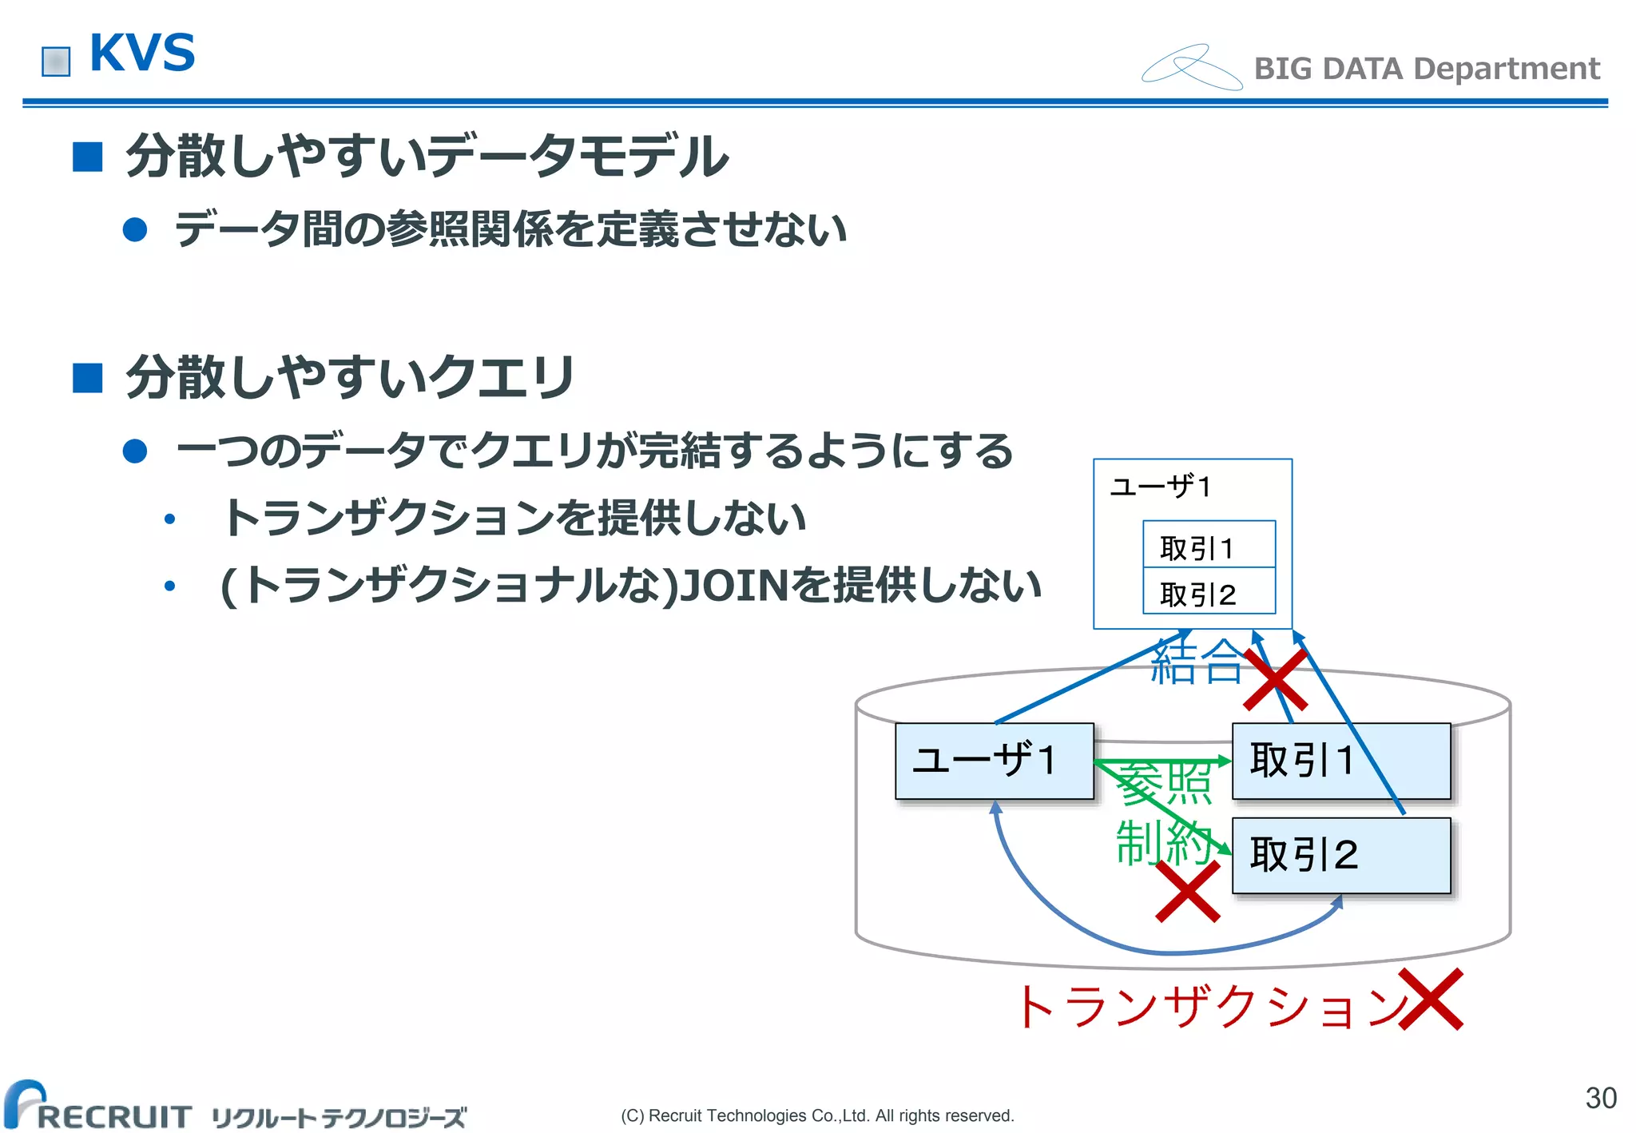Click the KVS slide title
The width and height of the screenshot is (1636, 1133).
[142, 54]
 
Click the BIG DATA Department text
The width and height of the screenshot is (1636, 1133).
[1426, 69]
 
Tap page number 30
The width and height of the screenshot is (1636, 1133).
[1600, 1098]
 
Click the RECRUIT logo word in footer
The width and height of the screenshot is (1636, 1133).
[114, 1116]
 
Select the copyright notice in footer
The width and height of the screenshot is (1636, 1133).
[816, 1115]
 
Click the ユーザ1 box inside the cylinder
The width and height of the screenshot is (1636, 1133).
[993, 761]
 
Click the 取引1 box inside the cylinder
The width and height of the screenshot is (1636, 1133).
[1340, 761]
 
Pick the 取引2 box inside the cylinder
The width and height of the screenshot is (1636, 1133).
[1340, 855]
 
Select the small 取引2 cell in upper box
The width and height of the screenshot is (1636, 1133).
[1208, 592]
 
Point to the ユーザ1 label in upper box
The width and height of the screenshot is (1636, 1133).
[1161, 486]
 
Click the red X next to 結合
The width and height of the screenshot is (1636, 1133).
[1275, 680]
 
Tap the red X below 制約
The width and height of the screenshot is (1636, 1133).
[1187, 892]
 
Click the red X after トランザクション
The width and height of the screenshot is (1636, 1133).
[1431, 999]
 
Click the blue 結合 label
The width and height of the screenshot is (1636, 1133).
[1196, 662]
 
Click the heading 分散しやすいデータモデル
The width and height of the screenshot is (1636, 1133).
[427, 157]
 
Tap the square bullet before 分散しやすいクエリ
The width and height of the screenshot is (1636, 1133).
[88, 378]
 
